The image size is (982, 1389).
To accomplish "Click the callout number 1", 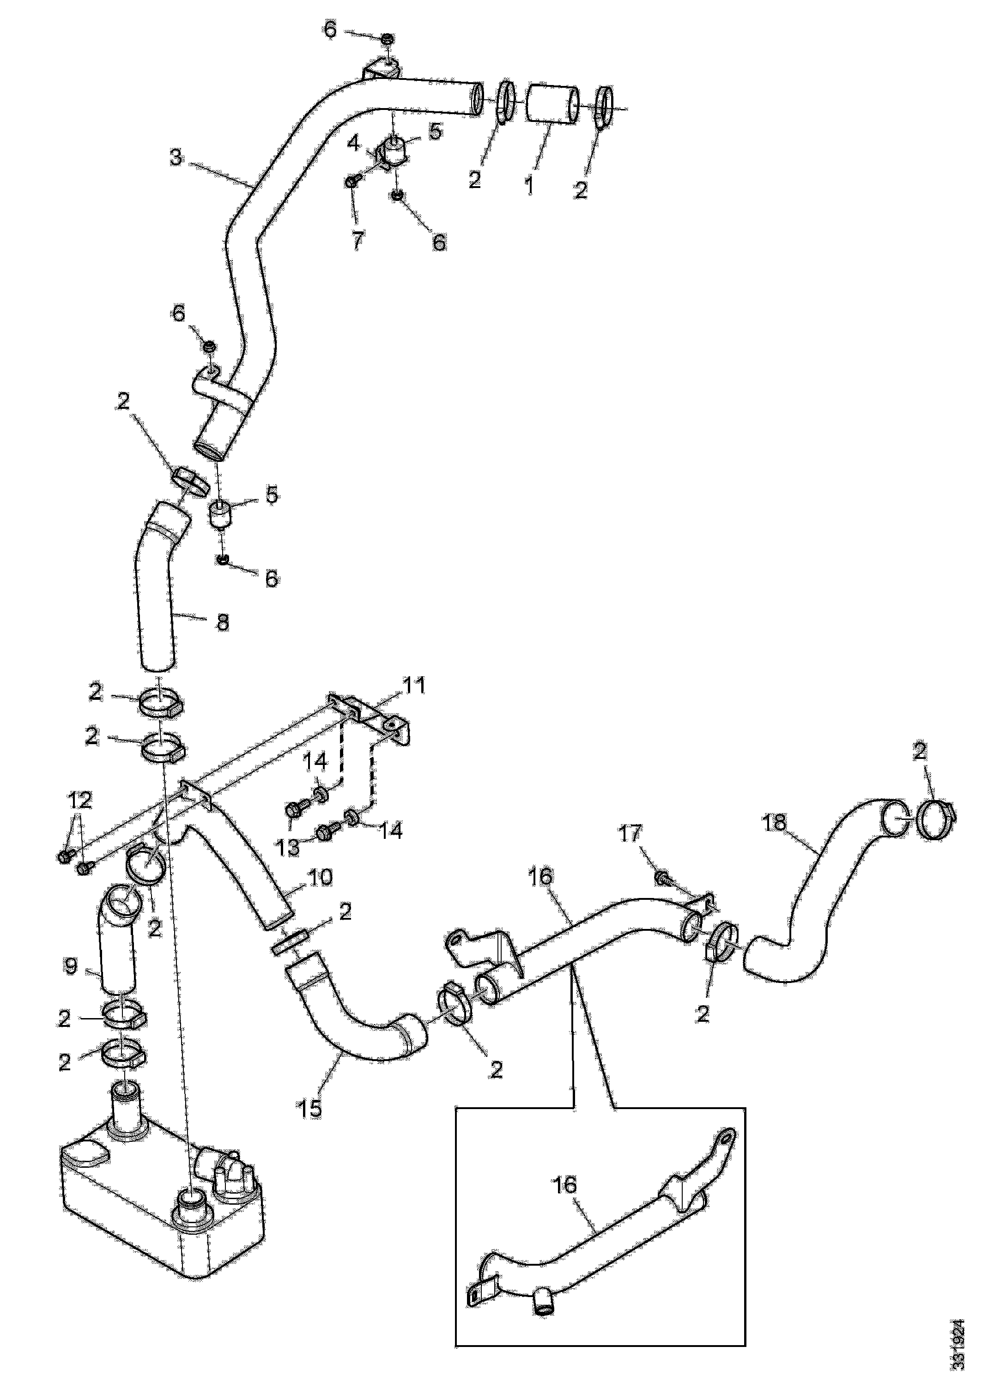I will (530, 184).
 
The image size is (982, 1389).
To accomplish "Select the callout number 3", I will (176, 158).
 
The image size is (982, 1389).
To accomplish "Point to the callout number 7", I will (358, 240).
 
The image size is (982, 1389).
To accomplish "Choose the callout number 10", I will (321, 877).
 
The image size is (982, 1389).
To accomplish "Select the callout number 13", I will (288, 848).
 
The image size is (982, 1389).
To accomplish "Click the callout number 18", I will (775, 822).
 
